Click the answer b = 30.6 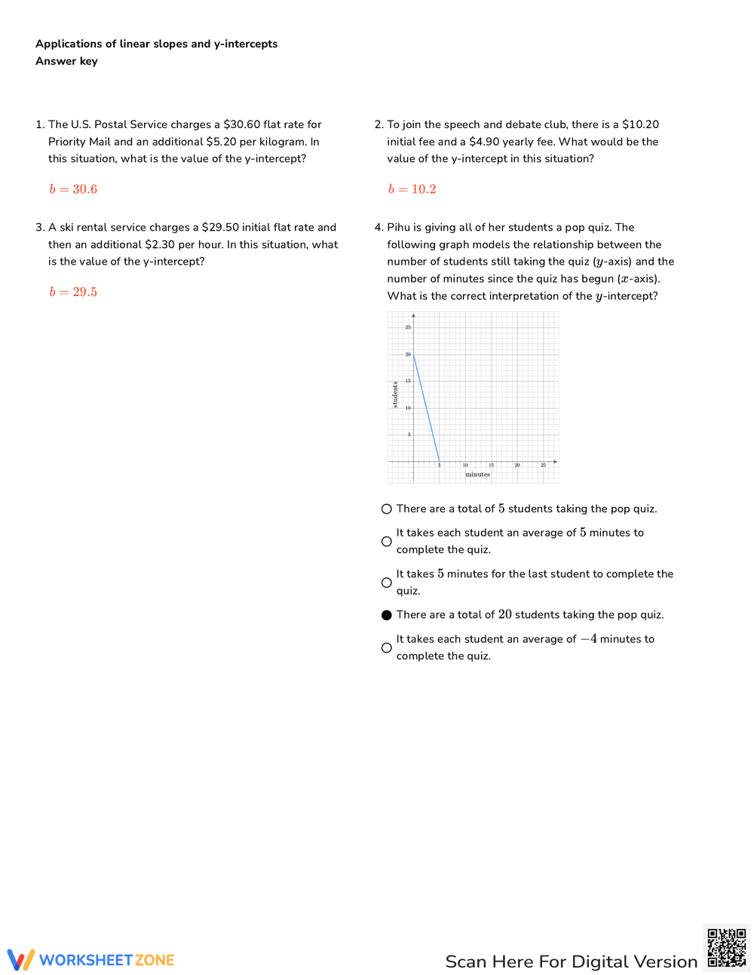[73, 189]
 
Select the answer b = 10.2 [412, 189]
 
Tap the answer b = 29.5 [73, 292]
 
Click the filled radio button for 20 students [387, 615]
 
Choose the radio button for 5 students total [387, 509]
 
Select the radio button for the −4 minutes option [387, 648]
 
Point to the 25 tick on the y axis [408, 327]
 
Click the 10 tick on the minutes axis [465, 466]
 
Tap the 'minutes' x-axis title [477, 475]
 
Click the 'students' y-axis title [395, 395]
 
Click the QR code [727, 948]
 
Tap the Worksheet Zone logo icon [21, 960]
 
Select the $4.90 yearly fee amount [484, 142]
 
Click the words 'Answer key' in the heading [66, 61]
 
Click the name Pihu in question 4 [398, 228]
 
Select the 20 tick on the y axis [408, 354]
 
